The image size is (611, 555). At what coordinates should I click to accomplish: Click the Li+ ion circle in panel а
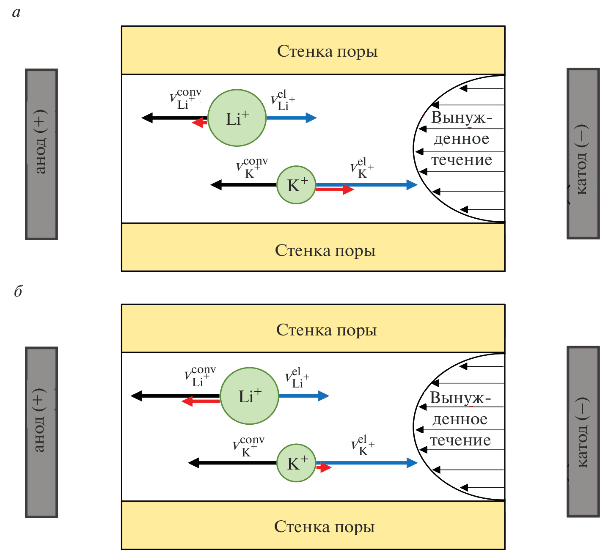pyautogui.click(x=237, y=118)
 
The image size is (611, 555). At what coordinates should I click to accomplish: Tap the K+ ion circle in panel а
pyautogui.click(x=296, y=185)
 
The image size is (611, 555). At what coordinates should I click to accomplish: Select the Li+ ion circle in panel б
pyautogui.click(x=250, y=396)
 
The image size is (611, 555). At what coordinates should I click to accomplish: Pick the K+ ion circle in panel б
pyautogui.click(x=296, y=463)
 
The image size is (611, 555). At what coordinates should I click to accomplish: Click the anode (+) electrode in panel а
pyautogui.click(x=41, y=154)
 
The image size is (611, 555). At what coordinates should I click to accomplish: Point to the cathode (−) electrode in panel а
pyautogui.click(x=583, y=154)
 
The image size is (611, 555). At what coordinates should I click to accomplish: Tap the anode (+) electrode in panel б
pyautogui.click(x=41, y=432)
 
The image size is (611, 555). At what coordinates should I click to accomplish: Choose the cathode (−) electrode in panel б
pyautogui.click(x=583, y=432)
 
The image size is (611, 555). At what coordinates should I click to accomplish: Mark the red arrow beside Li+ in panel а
pyautogui.click(x=200, y=123)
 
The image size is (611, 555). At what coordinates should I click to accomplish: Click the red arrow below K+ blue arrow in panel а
pyautogui.click(x=334, y=190)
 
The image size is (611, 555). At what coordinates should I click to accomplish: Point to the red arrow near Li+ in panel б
pyautogui.click(x=201, y=401)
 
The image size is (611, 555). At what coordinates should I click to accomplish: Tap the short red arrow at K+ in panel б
pyautogui.click(x=324, y=467)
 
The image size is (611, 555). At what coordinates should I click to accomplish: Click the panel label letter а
pyautogui.click(x=17, y=13)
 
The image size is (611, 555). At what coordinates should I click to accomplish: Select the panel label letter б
pyautogui.click(x=18, y=291)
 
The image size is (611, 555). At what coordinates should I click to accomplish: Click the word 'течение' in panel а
pyautogui.click(x=462, y=160)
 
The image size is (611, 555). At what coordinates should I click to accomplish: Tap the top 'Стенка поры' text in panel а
pyautogui.click(x=327, y=51)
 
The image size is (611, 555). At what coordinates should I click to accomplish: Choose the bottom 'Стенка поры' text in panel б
pyautogui.click(x=325, y=527)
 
